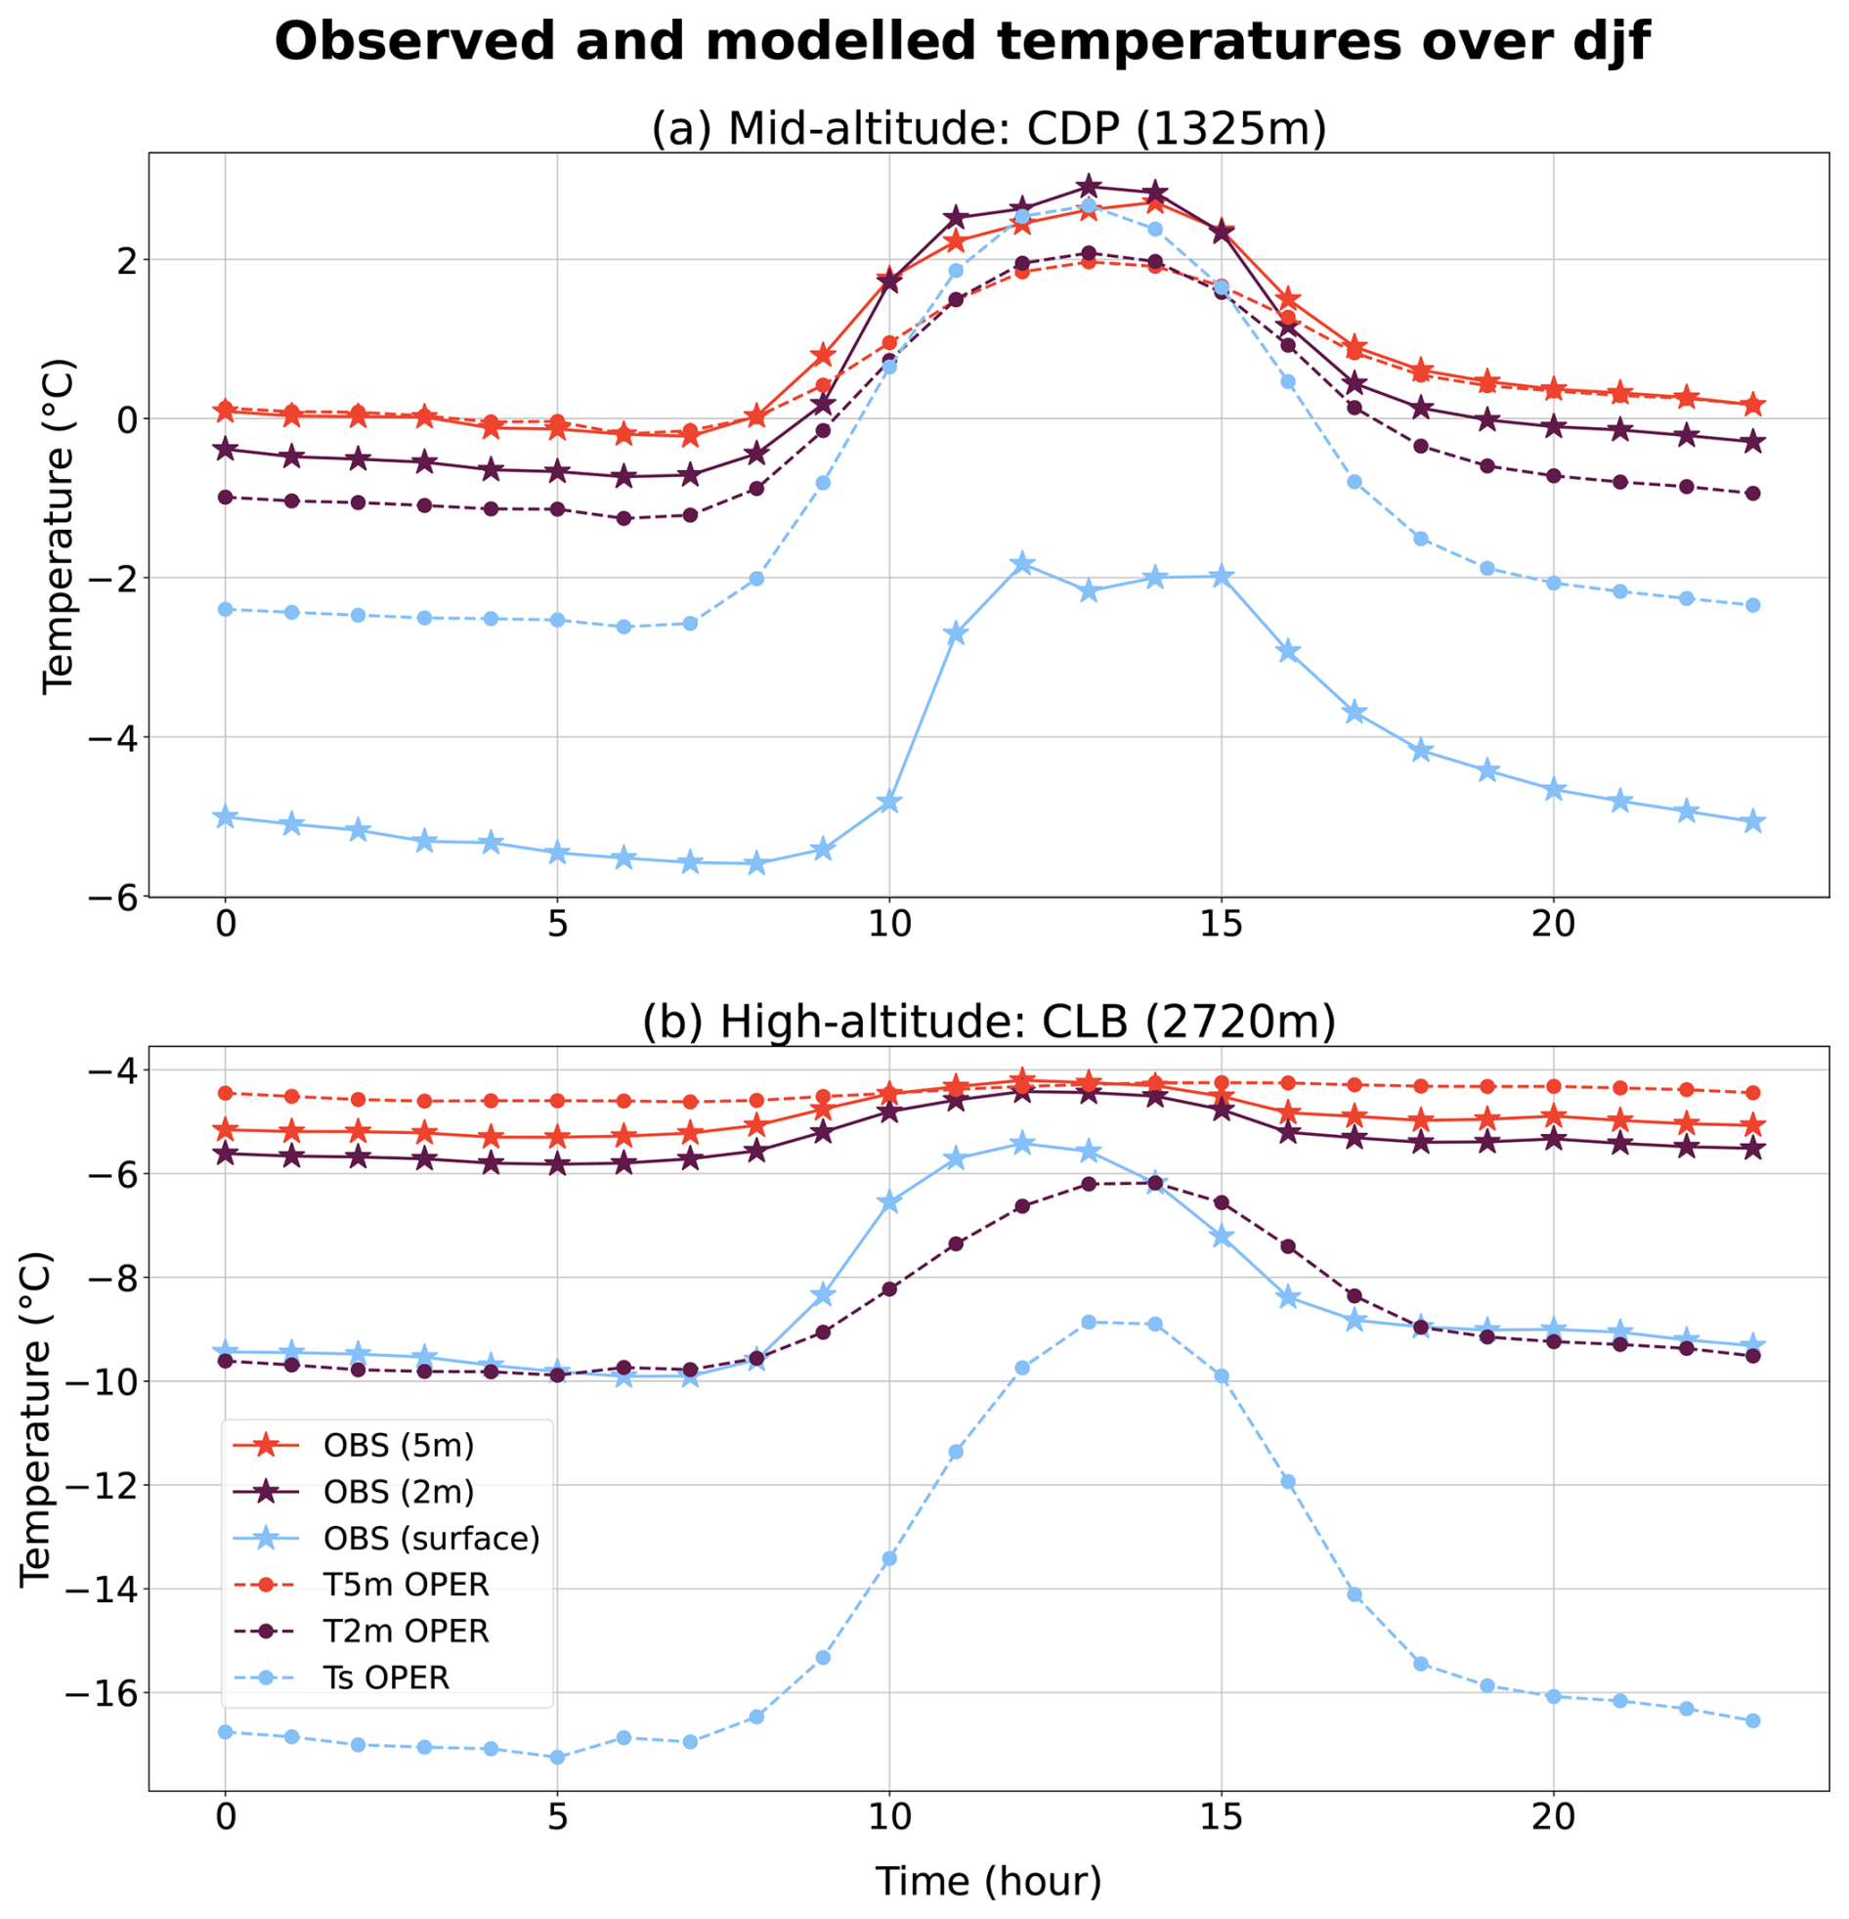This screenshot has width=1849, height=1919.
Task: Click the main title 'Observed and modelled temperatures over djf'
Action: coord(962,43)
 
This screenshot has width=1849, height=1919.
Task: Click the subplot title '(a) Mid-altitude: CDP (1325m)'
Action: coord(989,129)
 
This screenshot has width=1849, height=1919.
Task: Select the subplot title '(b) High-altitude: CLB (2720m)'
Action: coord(989,1022)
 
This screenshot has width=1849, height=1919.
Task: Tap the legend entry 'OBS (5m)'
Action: coord(399,1445)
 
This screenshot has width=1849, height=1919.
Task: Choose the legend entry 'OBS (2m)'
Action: coord(399,1492)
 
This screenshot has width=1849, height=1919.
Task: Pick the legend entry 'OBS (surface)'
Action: coord(431,1539)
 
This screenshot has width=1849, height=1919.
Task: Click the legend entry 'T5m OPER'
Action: coord(406,1585)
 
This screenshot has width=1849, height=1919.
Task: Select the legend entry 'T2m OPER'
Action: coord(406,1633)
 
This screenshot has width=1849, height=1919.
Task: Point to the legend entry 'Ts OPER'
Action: coord(386,1679)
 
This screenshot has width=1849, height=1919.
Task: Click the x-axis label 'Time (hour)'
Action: coord(989,1881)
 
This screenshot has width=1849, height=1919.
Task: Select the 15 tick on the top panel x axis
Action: coord(1222,923)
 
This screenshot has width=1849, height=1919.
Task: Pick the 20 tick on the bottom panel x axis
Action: coord(1554,1818)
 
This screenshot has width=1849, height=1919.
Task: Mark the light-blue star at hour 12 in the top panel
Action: coord(1022,564)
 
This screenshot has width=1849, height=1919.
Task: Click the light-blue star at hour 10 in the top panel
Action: coord(888,803)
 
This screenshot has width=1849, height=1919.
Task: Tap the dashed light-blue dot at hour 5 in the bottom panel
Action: coord(557,1758)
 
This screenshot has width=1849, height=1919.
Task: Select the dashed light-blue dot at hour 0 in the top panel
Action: coord(225,609)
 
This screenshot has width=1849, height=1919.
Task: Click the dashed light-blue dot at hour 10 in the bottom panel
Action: coord(888,1557)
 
